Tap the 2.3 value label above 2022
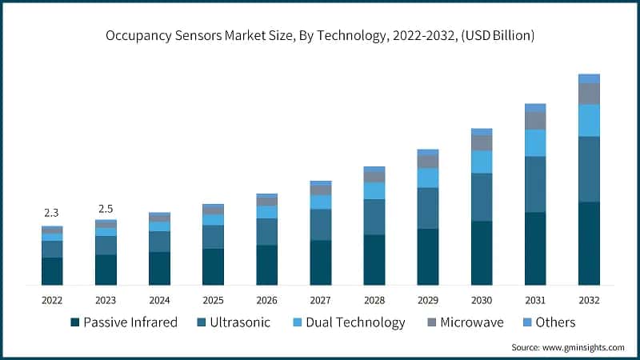(52, 213)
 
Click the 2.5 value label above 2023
(106, 209)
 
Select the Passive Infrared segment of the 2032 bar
(589, 243)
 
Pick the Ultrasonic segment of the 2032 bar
(589, 169)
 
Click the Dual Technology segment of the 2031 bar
(535, 142)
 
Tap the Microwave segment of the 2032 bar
(589, 94)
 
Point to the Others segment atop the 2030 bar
(482, 131)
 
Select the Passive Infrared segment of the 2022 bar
(52, 271)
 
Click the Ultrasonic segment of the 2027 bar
(321, 224)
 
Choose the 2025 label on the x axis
(213, 300)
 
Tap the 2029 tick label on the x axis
(428, 300)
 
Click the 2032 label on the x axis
(589, 300)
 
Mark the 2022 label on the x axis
(52, 300)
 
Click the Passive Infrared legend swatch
(75, 322)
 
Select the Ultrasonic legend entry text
(240, 322)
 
